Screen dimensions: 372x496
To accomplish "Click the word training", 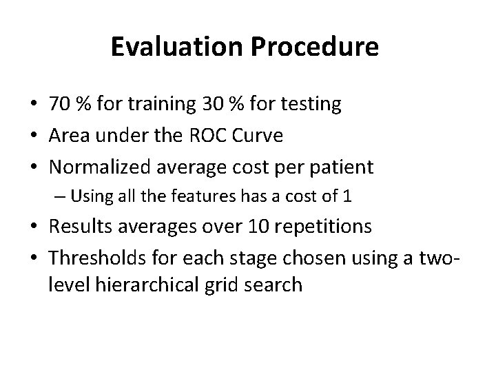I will (156, 105).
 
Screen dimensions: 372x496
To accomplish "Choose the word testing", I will (307, 105).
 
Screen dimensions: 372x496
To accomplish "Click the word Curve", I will (258, 136).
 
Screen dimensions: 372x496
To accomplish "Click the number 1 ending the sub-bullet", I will (348, 196).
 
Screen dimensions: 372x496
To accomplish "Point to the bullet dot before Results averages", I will (34, 227).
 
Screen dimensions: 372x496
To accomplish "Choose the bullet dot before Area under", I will (34, 136).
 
